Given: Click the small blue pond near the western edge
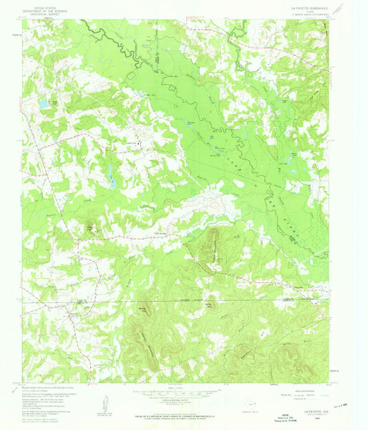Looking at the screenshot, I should pyautogui.click(x=43, y=104).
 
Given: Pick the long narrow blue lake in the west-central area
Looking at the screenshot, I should pyautogui.click(x=109, y=177).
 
